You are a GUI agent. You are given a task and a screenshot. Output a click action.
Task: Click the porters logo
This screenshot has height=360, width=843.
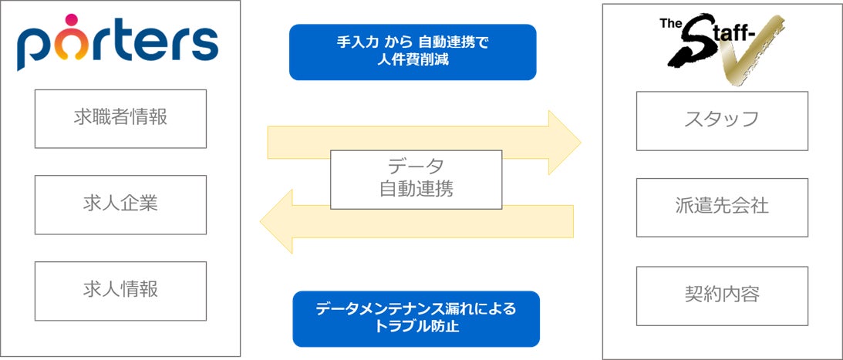[x=117, y=45]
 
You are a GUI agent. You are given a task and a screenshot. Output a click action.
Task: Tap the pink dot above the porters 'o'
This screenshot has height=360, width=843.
[x=71, y=19]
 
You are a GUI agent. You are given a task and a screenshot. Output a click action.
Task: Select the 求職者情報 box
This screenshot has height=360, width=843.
[x=120, y=118]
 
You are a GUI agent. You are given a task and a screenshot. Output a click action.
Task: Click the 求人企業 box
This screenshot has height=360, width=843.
[x=120, y=204]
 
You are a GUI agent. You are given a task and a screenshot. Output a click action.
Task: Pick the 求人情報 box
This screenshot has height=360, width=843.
[x=120, y=291]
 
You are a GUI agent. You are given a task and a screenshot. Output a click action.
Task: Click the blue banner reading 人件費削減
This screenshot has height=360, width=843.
[x=412, y=52]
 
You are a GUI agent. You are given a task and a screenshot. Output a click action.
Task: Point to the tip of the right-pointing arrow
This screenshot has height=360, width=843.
[x=579, y=142]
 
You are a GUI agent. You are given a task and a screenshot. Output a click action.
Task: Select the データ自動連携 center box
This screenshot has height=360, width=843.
[x=416, y=180]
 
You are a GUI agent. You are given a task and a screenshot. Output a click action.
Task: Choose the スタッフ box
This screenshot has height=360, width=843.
[x=721, y=120]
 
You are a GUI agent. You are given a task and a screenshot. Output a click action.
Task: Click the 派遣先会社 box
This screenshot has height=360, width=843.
[x=721, y=207]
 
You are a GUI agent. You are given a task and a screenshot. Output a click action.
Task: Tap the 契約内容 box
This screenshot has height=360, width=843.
[x=721, y=295]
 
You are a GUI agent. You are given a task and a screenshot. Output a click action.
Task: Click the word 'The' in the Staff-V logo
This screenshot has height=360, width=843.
[x=668, y=23]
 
